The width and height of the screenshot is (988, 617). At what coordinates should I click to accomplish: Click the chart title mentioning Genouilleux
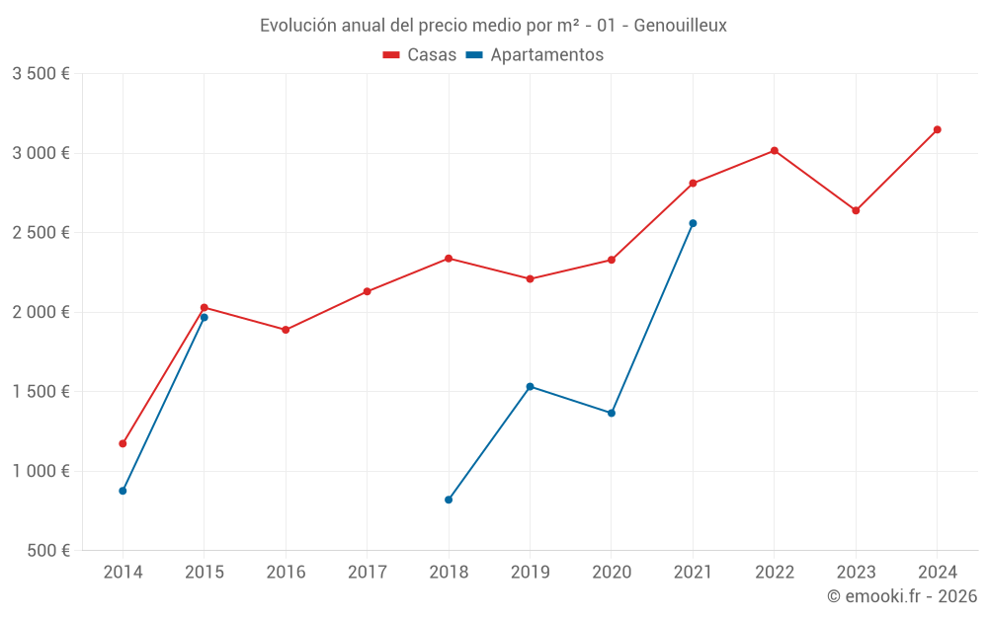(493, 26)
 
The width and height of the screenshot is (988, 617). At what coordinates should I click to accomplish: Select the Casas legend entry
(420, 55)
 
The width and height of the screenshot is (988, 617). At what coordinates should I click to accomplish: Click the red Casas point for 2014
(123, 443)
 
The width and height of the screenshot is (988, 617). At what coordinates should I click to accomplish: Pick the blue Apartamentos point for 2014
(123, 491)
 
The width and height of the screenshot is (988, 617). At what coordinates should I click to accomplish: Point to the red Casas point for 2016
(286, 330)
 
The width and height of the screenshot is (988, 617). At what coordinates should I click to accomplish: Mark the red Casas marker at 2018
(449, 259)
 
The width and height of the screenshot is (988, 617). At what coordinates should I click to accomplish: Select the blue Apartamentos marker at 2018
(449, 500)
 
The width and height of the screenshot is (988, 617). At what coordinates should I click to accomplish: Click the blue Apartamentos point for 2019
(530, 386)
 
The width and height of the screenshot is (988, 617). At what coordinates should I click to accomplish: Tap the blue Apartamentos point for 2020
(612, 413)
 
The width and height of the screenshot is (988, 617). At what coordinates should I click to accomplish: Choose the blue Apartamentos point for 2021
(693, 223)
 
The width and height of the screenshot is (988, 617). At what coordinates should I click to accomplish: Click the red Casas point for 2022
(775, 151)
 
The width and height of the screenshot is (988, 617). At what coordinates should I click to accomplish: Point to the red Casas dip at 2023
(856, 210)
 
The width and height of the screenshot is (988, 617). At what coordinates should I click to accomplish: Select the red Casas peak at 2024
(937, 129)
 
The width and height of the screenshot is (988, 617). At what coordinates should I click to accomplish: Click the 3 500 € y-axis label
(41, 74)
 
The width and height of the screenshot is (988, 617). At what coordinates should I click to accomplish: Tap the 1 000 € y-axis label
(41, 471)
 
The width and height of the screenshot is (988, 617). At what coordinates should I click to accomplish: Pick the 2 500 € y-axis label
(41, 233)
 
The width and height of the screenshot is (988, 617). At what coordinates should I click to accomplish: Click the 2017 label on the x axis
(367, 572)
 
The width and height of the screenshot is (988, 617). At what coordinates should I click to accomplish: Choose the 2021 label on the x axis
(693, 572)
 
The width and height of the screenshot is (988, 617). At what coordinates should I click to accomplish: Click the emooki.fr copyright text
(902, 596)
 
